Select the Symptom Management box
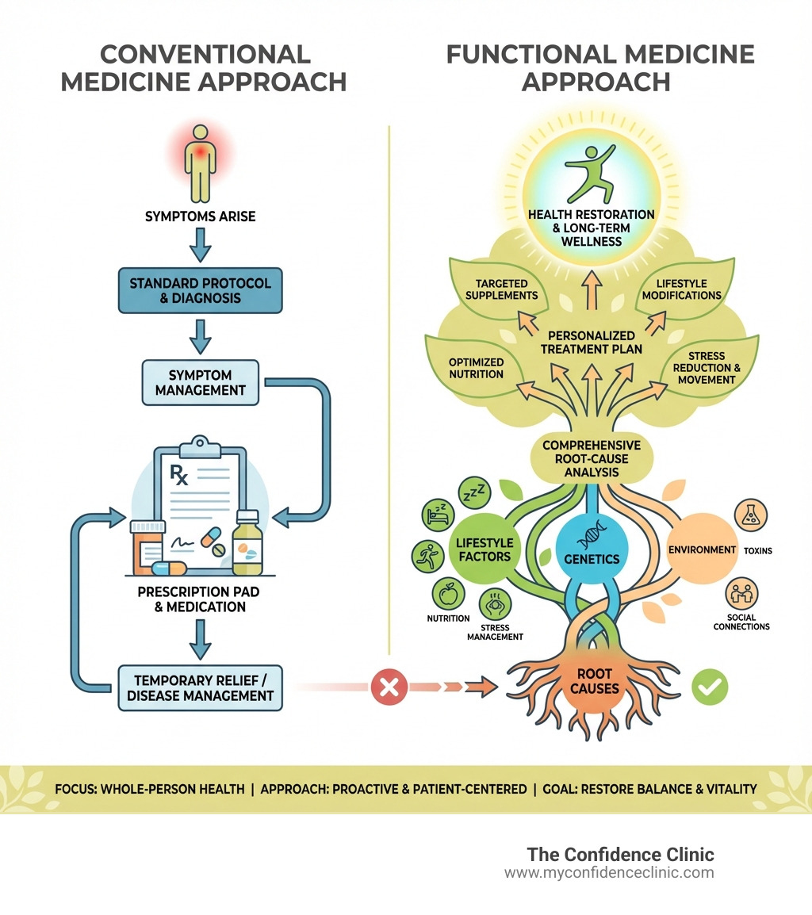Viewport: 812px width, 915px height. [201, 381]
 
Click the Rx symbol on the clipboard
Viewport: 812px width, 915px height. [182, 476]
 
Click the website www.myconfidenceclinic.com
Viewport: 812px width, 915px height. [609, 873]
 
